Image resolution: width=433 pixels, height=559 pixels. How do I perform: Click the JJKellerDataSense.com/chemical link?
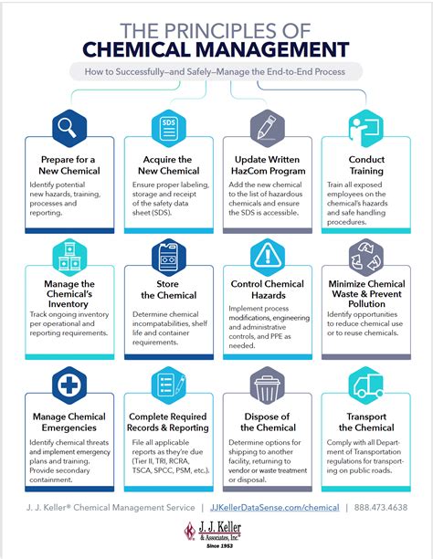(274, 507)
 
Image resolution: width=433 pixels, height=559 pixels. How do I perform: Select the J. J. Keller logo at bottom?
(216, 534)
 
